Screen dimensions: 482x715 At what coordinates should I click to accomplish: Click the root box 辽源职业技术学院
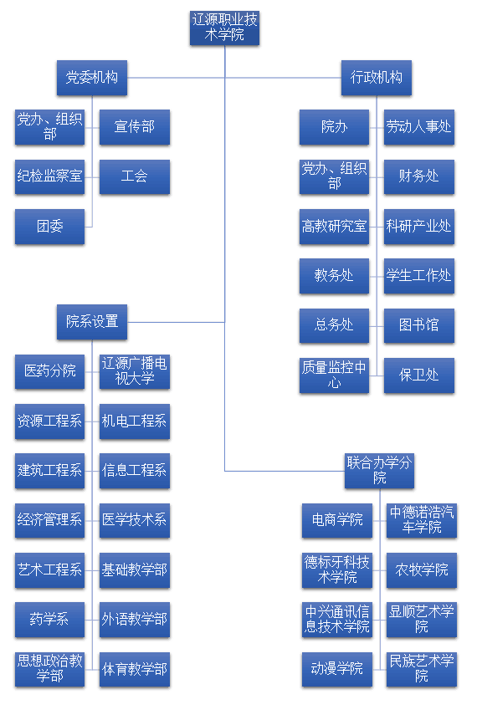click(224, 28)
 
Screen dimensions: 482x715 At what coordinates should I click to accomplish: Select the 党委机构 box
click(92, 78)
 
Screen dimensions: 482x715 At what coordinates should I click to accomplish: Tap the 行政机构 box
click(377, 78)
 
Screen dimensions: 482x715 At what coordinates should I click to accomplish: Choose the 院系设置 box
click(92, 322)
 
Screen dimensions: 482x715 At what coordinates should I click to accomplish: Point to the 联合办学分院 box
click(379, 471)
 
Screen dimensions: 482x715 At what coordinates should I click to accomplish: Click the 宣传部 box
click(135, 127)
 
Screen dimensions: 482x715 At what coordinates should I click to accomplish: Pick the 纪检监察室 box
click(49, 177)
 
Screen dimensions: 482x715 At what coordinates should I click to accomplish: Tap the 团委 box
click(49, 227)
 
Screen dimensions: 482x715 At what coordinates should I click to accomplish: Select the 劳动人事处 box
click(419, 127)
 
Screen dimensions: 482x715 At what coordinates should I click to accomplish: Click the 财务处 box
click(419, 177)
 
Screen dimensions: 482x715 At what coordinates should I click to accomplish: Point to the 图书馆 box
click(419, 325)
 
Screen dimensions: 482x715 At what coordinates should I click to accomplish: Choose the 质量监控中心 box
click(334, 375)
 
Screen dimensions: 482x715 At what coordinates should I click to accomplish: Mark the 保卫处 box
click(419, 375)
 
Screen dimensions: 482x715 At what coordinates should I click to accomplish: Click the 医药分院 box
click(49, 371)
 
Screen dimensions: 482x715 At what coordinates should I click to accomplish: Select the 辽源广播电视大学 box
click(135, 371)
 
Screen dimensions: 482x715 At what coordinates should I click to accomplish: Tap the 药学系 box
click(49, 620)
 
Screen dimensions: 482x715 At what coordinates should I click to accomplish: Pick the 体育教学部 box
click(135, 669)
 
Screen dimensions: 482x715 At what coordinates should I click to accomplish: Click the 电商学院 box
click(337, 521)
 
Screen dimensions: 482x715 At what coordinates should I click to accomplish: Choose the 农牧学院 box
click(422, 570)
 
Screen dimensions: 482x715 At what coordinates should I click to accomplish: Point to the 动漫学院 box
click(337, 669)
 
